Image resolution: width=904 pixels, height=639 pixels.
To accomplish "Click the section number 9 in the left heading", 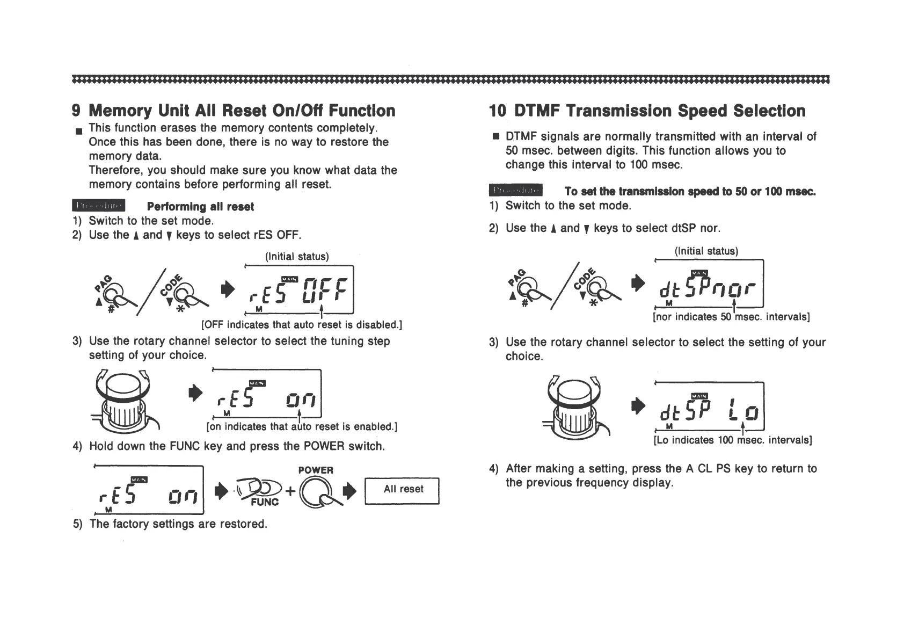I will point(76,111).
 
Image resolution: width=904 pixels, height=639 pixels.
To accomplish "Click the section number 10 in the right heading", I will point(498,111).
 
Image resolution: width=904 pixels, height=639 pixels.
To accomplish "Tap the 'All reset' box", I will point(403,490).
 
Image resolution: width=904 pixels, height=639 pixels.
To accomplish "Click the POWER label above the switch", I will point(316,470).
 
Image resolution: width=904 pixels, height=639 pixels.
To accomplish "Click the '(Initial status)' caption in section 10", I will point(706,251).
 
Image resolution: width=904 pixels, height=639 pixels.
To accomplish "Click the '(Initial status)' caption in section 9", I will point(297,256).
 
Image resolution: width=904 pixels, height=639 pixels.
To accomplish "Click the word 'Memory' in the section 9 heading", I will point(121,111).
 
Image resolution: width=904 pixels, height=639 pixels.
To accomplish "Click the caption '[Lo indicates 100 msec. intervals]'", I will point(732,440).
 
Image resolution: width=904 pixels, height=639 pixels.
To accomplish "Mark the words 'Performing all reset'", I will point(200,207).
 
